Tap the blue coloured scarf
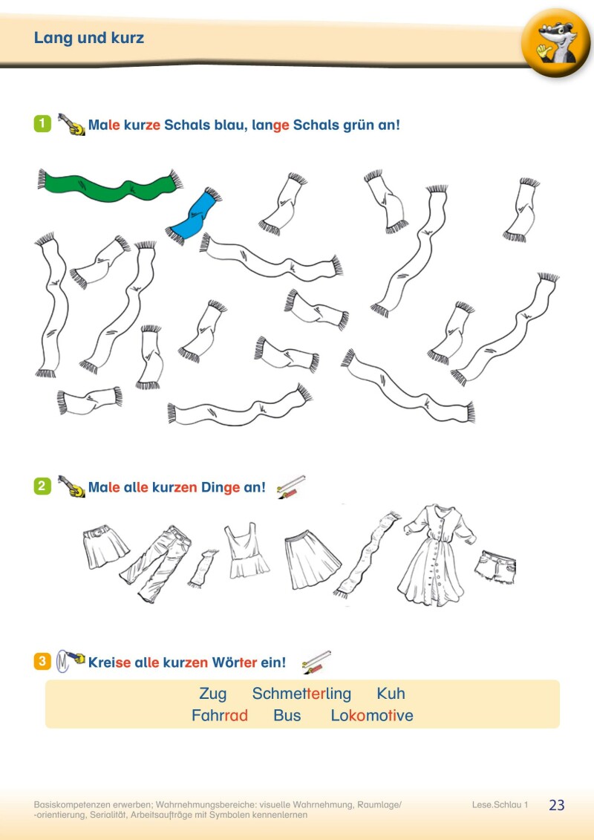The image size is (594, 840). pyautogui.click(x=195, y=215)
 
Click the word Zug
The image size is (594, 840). pyautogui.click(x=213, y=694)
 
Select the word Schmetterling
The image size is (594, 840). pyautogui.click(x=301, y=694)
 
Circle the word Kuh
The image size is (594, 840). pyautogui.click(x=391, y=694)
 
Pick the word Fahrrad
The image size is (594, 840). pyautogui.click(x=219, y=716)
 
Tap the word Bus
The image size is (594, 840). pyautogui.click(x=287, y=716)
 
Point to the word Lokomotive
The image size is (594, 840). pyautogui.click(x=372, y=716)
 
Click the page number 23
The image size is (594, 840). pyautogui.click(x=557, y=805)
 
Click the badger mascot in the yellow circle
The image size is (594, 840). pyautogui.click(x=555, y=43)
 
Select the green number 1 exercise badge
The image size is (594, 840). pyautogui.click(x=42, y=123)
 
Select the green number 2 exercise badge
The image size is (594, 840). pyautogui.click(x=42, y=487)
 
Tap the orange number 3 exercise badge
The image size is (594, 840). pyautogui.click(x=42, y=661)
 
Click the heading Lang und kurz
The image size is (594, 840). pyautogui.click(x=89, y=38)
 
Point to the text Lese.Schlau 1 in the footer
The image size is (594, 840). pyautogui.click(x=500, y=805)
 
